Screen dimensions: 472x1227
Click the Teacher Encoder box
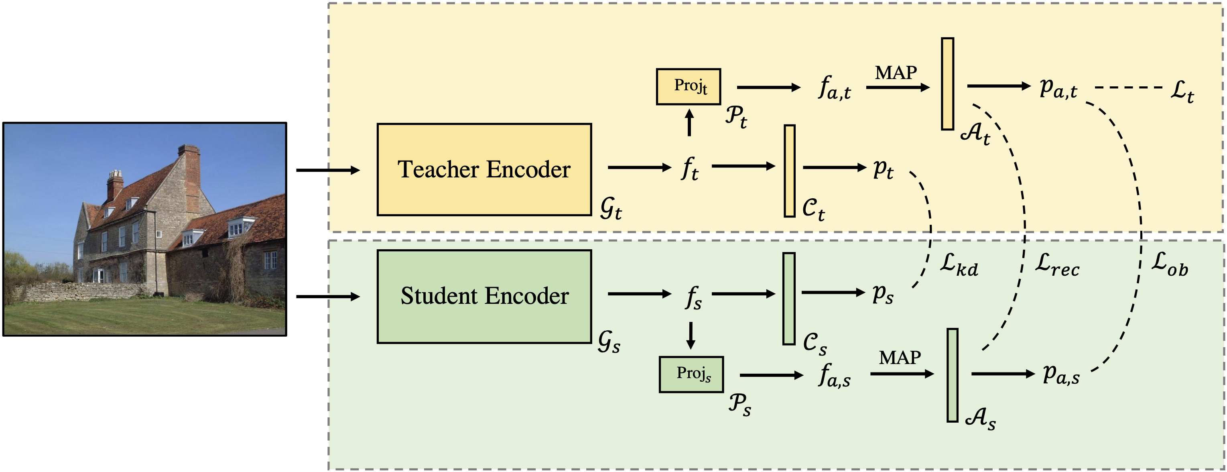click(484, 169)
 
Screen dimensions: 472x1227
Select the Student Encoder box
click(484, 296)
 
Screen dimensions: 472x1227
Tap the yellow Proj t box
click(688, 87)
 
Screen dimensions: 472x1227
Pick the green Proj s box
click(691, 374)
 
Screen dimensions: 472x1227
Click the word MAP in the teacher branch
click(896, 73)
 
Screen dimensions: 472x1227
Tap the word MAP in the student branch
click(900, 358)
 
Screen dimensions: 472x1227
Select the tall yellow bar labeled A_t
click(947, 84)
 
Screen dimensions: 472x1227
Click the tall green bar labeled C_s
click(789, 299)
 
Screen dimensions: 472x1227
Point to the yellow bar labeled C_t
click(790, 171)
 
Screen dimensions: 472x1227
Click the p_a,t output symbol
click(1058, 89)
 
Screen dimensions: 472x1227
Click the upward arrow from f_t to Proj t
click(689, 123)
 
